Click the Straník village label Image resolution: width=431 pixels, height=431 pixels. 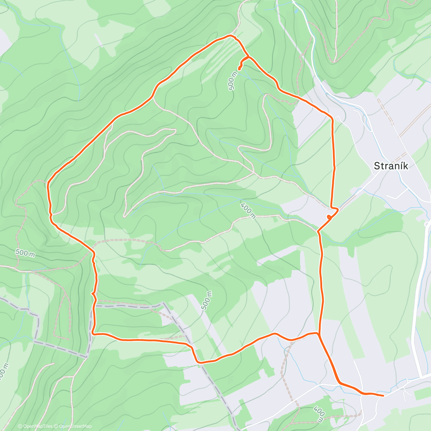click(391, 166)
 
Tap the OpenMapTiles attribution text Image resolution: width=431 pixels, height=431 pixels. click(38, 426)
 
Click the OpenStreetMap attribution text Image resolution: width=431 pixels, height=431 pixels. click(73, 426)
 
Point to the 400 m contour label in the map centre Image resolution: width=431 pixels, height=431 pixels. click(248, 210)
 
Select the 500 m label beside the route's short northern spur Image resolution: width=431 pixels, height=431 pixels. click(232, 81)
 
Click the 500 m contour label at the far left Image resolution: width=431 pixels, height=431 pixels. click(25, 253)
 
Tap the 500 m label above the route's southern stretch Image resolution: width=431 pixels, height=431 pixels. click(207, 301)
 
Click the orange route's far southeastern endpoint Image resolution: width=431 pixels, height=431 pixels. click(383, 395)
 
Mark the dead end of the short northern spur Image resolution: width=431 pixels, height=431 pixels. click(239, 69)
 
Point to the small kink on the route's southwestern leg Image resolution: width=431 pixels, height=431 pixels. click(93, 294)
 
